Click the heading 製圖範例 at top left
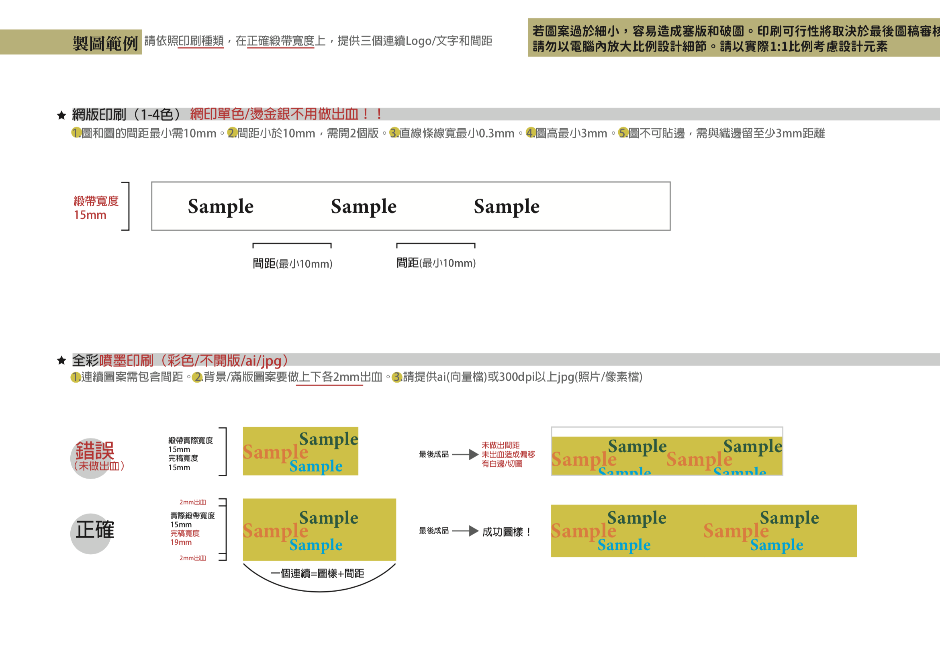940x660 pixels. click(x=105, y=43)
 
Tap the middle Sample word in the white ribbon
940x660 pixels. click(x=364, y=207)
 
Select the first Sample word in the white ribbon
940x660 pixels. click(x=221, y=207)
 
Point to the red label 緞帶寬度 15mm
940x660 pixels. click(x=96, y=208)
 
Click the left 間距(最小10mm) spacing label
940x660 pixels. click(x=292, y=263)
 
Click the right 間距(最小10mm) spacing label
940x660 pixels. click(x=436, y=263)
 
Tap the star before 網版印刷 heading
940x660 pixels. click(x=61, y=115)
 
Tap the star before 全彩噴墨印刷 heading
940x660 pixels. click(x=61, y=361)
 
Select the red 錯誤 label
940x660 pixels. click(x=95, y=451)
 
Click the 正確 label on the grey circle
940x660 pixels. click(x=94, y=530)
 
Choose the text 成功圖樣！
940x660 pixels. click(x=507, y=532)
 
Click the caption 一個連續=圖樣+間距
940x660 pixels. click(x=317, y=573)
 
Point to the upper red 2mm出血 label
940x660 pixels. click(x=192, y=502)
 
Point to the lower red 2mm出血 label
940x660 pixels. click(x=192, y=558)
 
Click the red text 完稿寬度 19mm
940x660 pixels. click(x=185, y=537)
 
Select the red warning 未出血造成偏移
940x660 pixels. click(x=508, y=454)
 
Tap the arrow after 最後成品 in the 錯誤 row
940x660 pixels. click(x=466, y=454)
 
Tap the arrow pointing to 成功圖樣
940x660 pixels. click(x=466, y=531)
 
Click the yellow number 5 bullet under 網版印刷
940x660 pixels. click(x=623, y=133)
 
